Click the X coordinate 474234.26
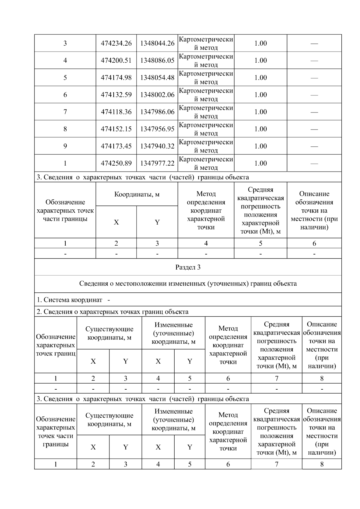pyautogui.click(x=116, y=43)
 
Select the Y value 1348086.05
pyautogui.click(x=157, y=60)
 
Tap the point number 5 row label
pyautogui.click(x=65, y=78)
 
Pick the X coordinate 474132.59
pyautogui.click(x=116, y=95)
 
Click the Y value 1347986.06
pyautogui.click(x=157, y=112)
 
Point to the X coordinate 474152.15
pyautogui.click(x=116, y=129)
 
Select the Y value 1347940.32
pyautogui.click(x=157, y=146)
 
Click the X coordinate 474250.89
pyautogui.click(x=116, y=163)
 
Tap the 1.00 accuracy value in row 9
pyautogui.click(x=260, y=146)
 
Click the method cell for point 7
pyautogui.click(x=206, y=112)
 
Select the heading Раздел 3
pyautogui.click(x=188, y=267)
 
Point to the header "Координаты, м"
pyautogui.click(x=137, y=194)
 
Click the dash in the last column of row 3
pyautogui.click(x=314, y=43)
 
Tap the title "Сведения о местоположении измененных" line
pyautogui.click(x=188, y=283)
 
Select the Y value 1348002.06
pyautogui.click(x=157, y=95)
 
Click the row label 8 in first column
pyautogui.click(x=65, y=129)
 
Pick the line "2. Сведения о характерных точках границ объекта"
pyautogui.click(x=112, y=312)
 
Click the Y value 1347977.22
pyautogui.click(x=157, y=163)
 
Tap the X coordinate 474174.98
pyautogui.click(x=116, y=78)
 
